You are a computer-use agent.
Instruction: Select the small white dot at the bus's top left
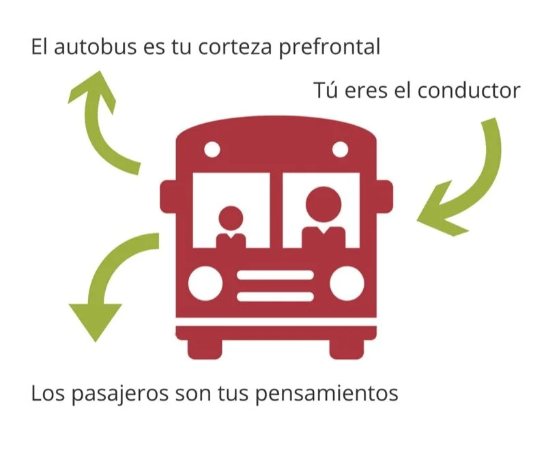212,148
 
